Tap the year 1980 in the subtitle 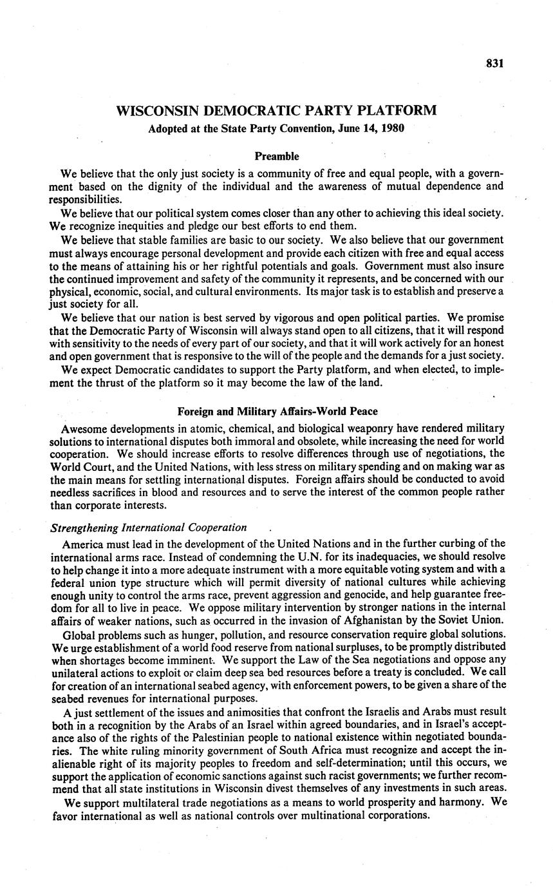(391, 128)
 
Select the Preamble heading (276, 156)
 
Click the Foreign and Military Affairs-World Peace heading (277, 412)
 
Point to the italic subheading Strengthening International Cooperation (149, 528)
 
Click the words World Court (80, 466)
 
